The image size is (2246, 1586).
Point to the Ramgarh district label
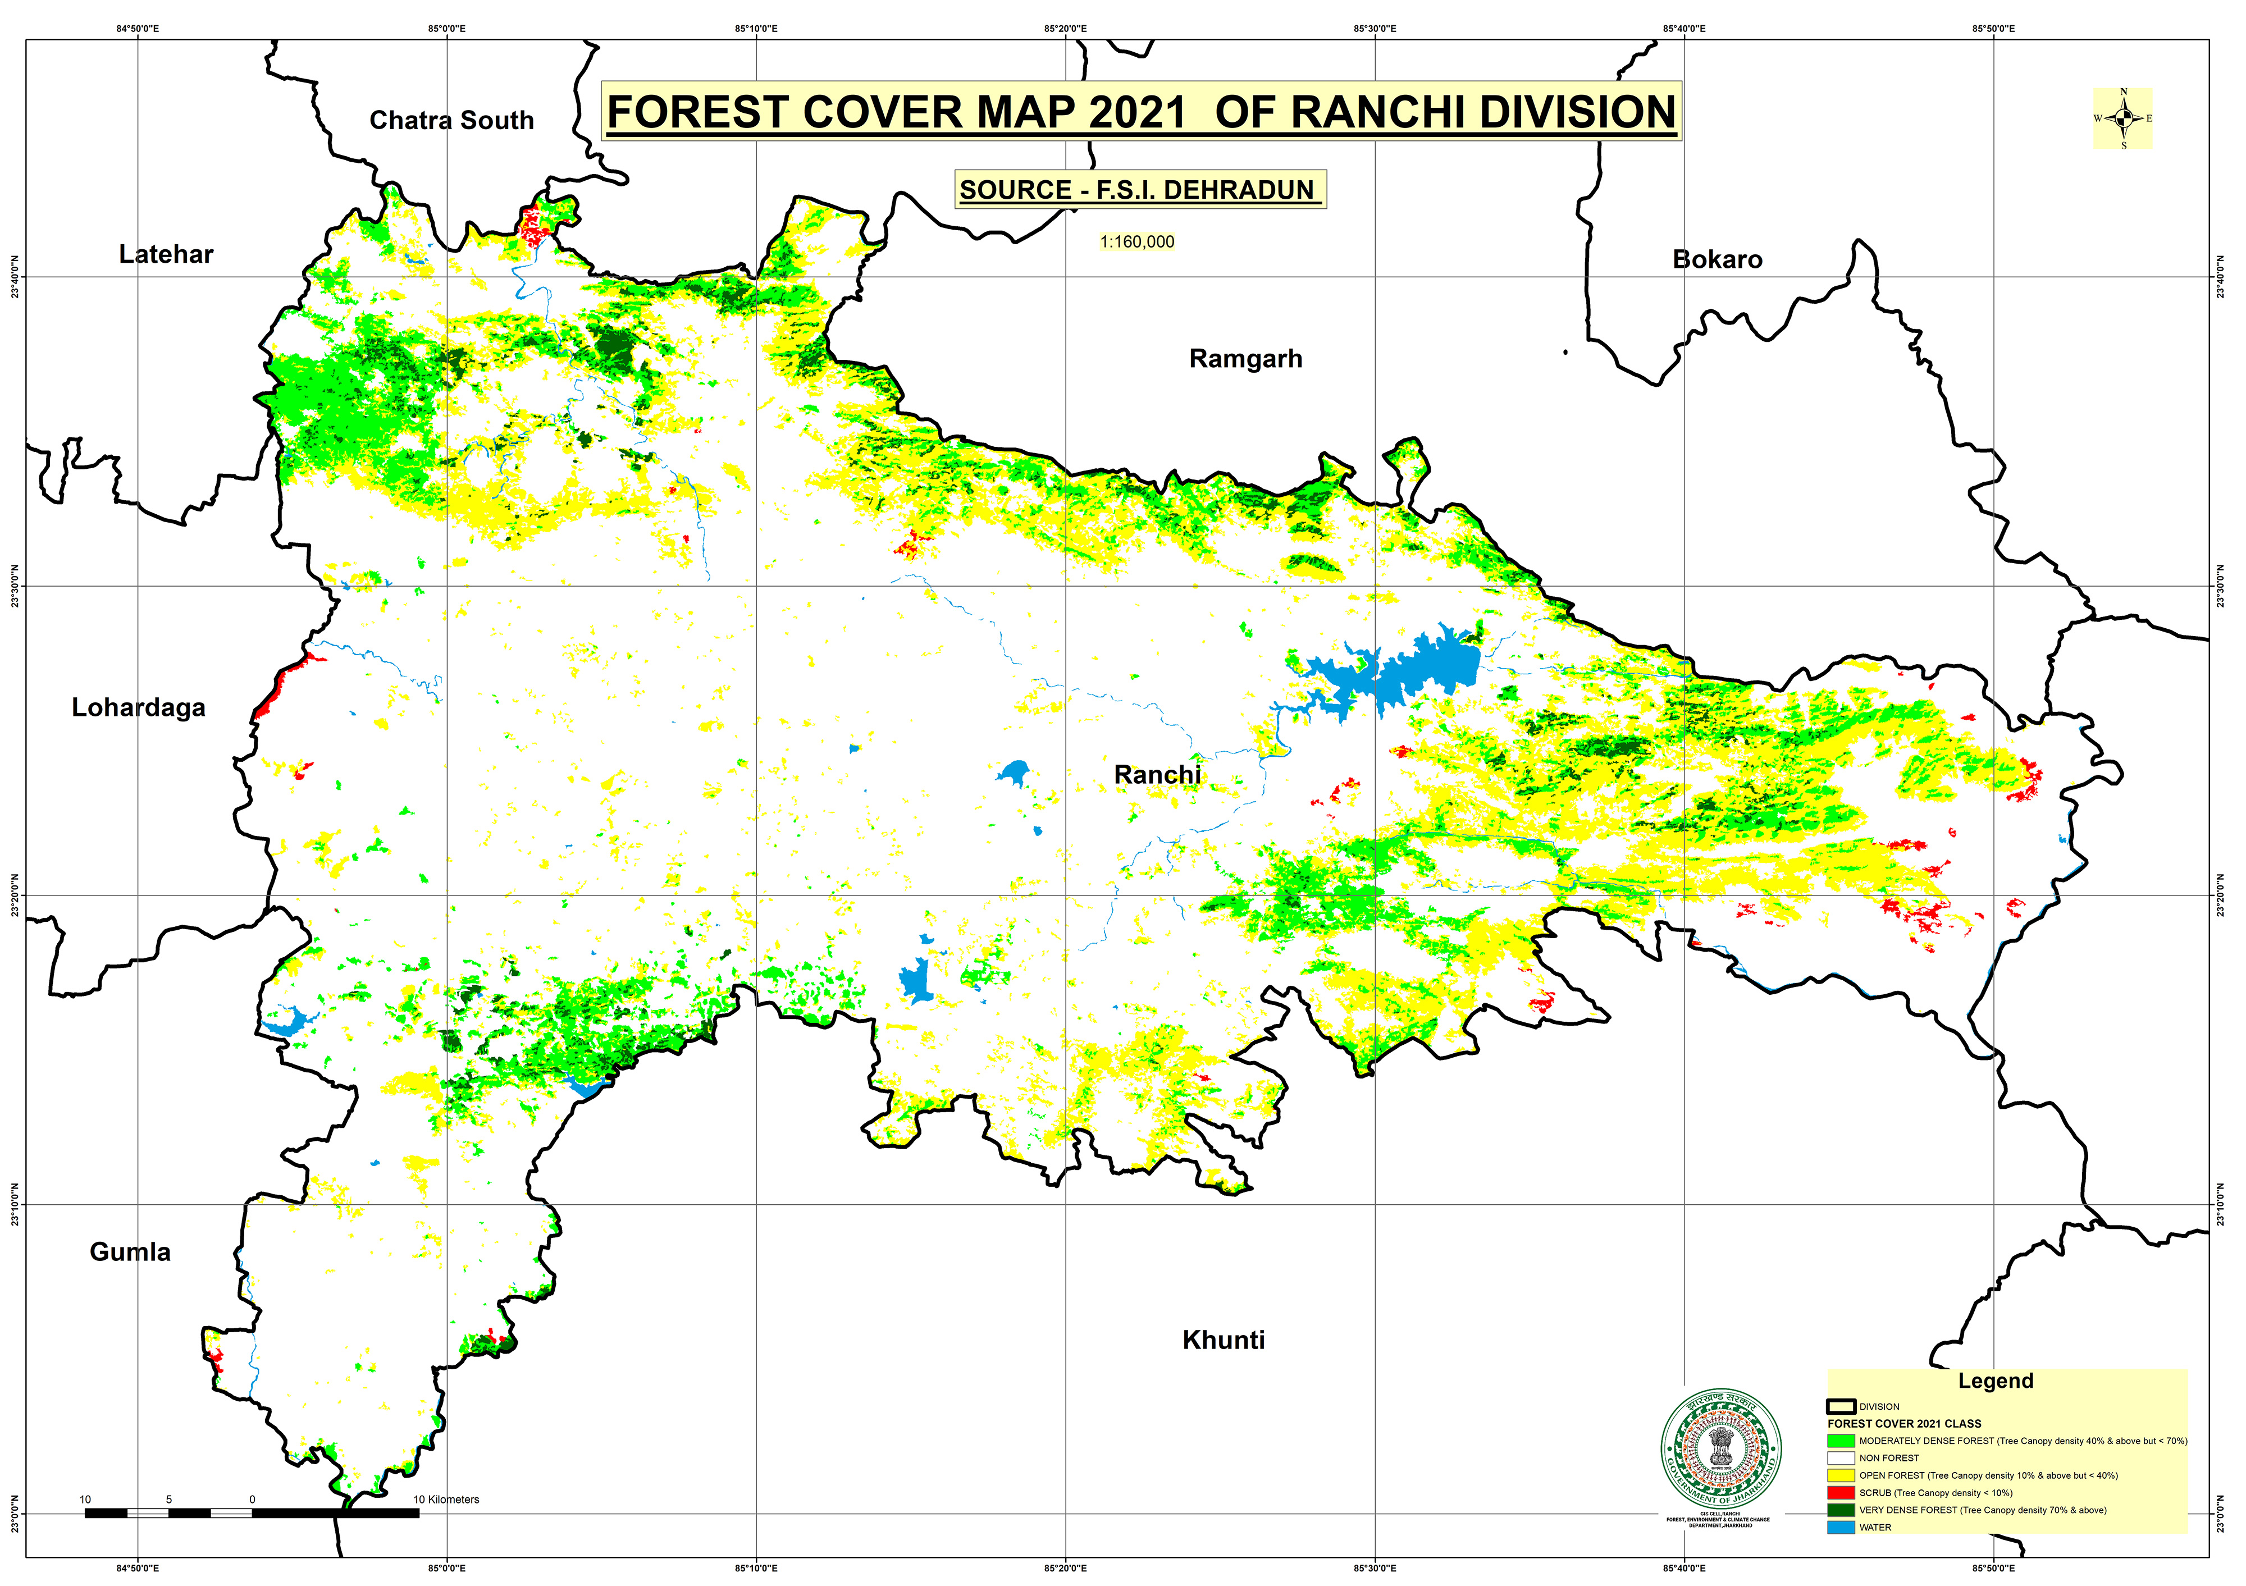1245,359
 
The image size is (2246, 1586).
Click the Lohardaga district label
138,708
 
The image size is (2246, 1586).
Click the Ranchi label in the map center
1157,774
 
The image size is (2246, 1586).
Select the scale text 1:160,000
1136,241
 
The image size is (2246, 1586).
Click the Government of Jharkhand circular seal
1720,1448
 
